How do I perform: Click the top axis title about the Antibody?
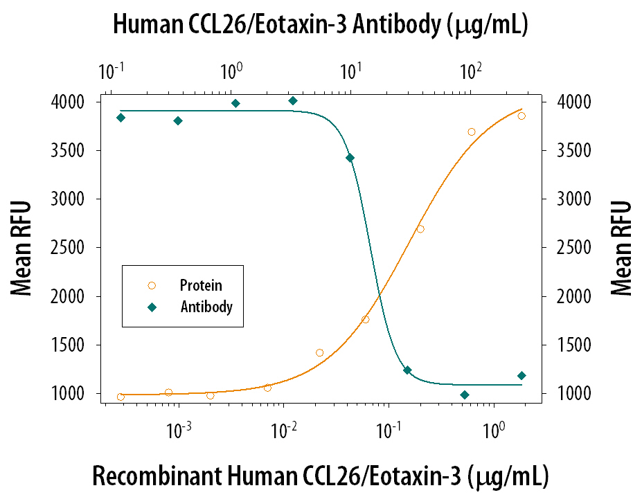click(x=321, y=26)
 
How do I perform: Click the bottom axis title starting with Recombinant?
click(x=321, y=477)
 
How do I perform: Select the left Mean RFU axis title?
click(x=22, y=248)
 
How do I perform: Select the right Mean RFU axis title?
click(x=622, y=248)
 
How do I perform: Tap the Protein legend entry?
click(x=201, y=284)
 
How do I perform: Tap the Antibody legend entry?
click(x=206, y=306)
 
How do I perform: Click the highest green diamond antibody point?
click(x=293, y=101)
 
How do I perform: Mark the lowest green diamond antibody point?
click(x=465, y=395)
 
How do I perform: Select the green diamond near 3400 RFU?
click(x=350, y=158)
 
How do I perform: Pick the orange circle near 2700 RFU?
click(x=420, y=229)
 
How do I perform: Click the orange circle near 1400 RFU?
click(x=319, y=353)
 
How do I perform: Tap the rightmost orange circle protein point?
click(x=521, y=116)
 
